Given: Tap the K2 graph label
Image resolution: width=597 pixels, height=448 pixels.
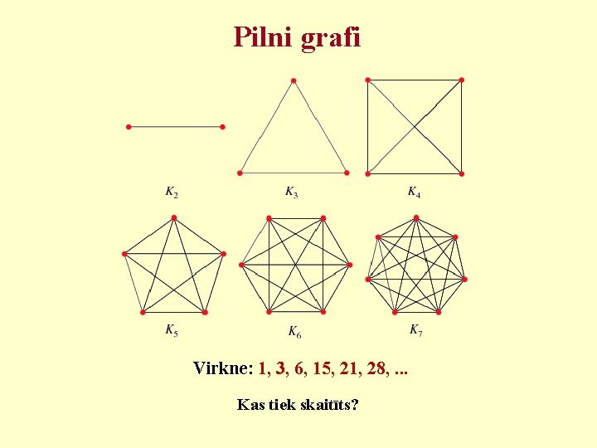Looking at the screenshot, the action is pos(172,193).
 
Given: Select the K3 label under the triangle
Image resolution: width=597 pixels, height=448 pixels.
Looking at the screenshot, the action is pos(292,193).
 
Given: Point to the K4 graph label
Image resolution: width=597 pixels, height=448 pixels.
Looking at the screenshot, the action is pos(414,193).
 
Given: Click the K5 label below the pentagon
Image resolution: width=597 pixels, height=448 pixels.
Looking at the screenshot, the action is pos(172,331).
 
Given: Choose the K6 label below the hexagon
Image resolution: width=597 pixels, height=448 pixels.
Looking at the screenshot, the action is pos(295,333).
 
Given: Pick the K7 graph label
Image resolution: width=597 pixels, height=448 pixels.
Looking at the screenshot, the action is pos(416,330).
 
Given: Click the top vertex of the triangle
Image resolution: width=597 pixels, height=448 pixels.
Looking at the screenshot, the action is pos(293,80).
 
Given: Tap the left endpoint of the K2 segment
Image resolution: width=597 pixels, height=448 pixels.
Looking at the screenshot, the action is pos(129,127).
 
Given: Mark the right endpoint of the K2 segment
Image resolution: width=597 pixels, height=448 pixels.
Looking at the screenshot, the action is pos(222,127).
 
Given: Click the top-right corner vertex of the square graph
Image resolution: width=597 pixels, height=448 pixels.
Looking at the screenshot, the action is pos(462,80).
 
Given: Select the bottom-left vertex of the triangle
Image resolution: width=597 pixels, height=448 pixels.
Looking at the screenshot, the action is pos(240,173).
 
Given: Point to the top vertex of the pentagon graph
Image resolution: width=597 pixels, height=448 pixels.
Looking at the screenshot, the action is pos(174,218).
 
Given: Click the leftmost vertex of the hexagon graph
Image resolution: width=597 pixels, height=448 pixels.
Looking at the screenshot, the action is pos(241,265).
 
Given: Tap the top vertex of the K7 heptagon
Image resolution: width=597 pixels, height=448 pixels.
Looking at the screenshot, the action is pos(416,218).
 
